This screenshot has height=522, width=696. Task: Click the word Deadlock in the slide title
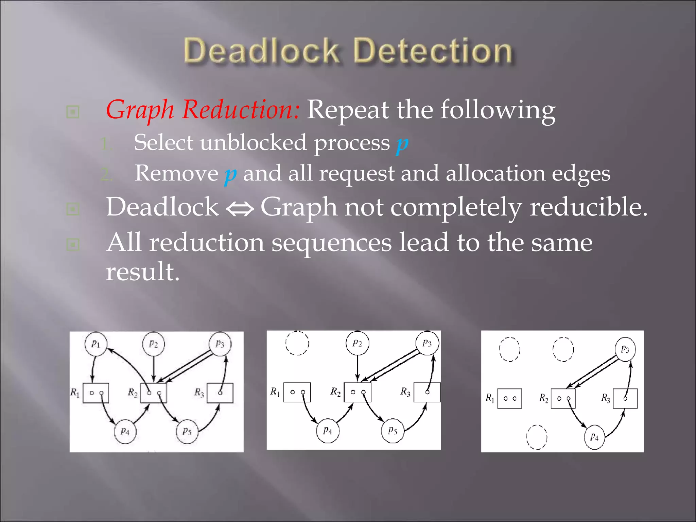pyautogui.click(x=261, y=51)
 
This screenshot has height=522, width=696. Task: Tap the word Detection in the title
pyautogui.click(x=433, y=51)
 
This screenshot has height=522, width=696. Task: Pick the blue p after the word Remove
pyautogui.click(x=230, y=174)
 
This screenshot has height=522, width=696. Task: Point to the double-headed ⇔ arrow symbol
pyautogui.click(x=240, y=208)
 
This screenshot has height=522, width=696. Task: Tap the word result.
pyautogui.click(x=142, y=272)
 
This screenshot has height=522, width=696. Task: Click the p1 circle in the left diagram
pyautogui.click(x=96, y=344)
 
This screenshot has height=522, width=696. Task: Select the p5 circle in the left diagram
pyautogui.click(x=187, y=432)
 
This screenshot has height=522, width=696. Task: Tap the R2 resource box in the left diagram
pyautogui.click(x=154, y=393)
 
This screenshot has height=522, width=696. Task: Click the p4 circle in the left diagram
pyautogui.click(x=125, y=432)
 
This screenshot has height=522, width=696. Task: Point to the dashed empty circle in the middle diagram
pyautogui.click(x=297, y=343)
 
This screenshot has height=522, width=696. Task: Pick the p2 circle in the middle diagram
pyautogui.click(x=357, y=343)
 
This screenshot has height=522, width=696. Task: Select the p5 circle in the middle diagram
pyautogui.click(x=393, y=431)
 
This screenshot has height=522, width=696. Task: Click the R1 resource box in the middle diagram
pyautogui.click(x=297, y=392)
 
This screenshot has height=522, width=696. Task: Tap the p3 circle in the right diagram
pyautogui.click(x=625, y=349)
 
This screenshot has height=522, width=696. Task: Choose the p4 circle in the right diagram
pyautogui.click(x=594, y=437)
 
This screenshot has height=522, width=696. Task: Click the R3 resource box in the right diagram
pyautogui.click(x=625, y=398)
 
